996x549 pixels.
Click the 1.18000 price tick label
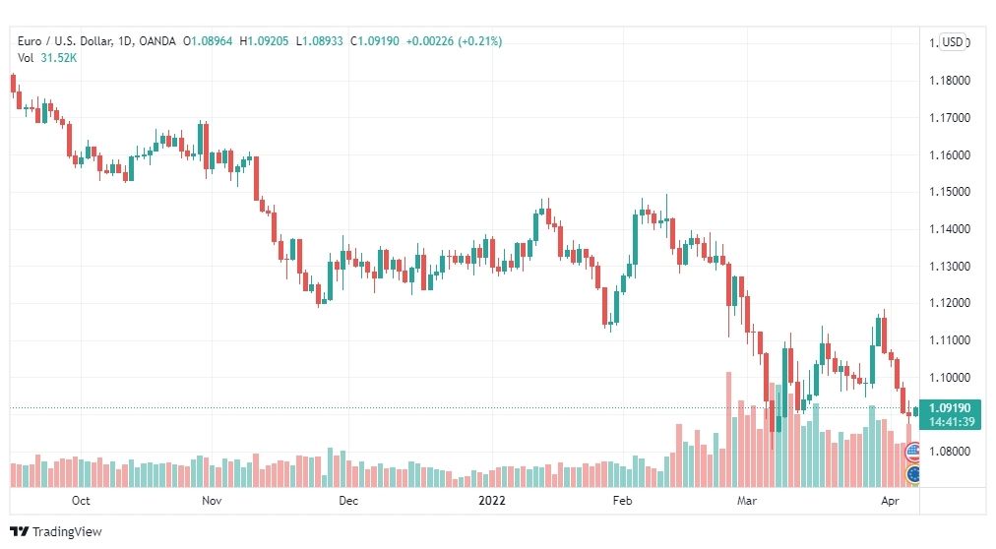950,81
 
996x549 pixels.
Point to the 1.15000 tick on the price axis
950,192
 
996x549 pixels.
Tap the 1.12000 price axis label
950,303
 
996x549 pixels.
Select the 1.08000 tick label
950,452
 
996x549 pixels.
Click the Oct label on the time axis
81,500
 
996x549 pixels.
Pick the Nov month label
212,500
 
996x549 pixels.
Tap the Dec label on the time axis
348,500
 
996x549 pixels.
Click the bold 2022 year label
492,500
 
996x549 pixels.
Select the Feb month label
622,500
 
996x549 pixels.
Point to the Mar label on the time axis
747,500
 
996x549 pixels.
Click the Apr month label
890,501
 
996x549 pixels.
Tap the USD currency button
952,42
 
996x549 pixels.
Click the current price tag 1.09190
950,408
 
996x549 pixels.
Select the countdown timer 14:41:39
951,421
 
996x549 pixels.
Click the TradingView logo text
67,532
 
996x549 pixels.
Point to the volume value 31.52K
58,58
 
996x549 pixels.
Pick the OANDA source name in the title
156,41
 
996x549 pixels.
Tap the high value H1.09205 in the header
264,41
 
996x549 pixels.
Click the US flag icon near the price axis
912,452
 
